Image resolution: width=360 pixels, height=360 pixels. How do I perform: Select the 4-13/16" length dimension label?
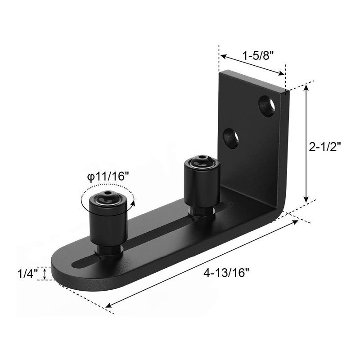pyautogui.click(x=226, y=273)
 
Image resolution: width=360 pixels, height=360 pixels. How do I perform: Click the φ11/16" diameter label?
pyautogui.click(x=108, y=177)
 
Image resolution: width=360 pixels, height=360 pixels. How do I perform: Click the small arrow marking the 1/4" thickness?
pyautogui.click(x=44, y=273)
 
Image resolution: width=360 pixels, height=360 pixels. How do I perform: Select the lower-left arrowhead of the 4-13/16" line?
pyautogui.click(x=108, y=307)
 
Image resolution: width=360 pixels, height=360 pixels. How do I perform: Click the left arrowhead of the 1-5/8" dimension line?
pyautogui.click(x=222, y=56)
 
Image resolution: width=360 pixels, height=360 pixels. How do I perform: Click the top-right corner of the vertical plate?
pyautogui.click(x=286, y=91)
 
